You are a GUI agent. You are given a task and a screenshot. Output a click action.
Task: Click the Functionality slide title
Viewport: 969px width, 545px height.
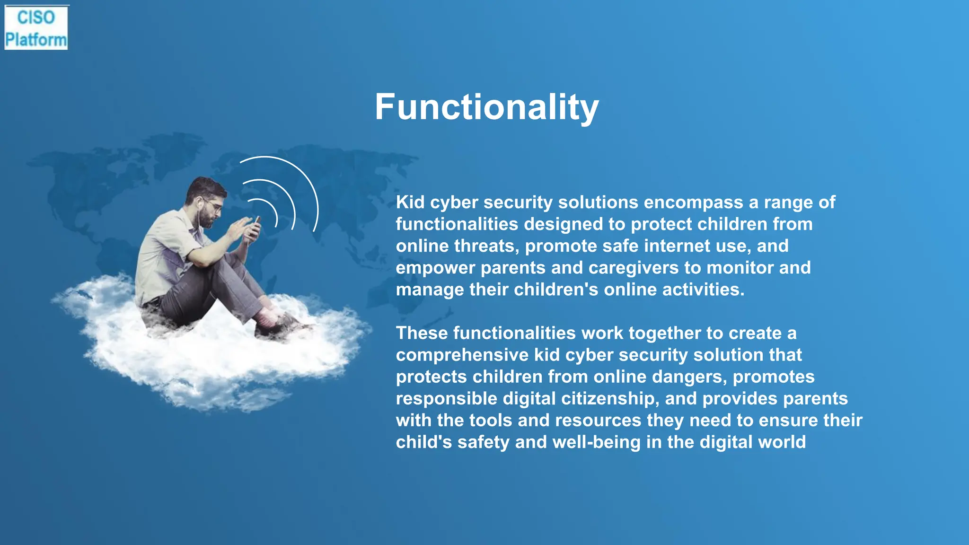[x=486, y=107]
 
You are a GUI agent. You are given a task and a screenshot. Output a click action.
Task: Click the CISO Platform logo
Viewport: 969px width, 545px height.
[x=36, y=28]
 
